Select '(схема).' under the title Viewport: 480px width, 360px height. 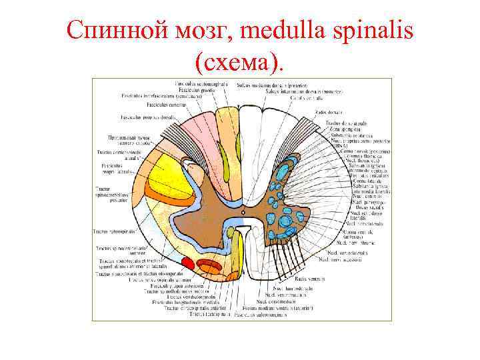pyautogui.click(x=240, y=61)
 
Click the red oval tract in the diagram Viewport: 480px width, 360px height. pyautogui.click(x=188, y=263)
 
